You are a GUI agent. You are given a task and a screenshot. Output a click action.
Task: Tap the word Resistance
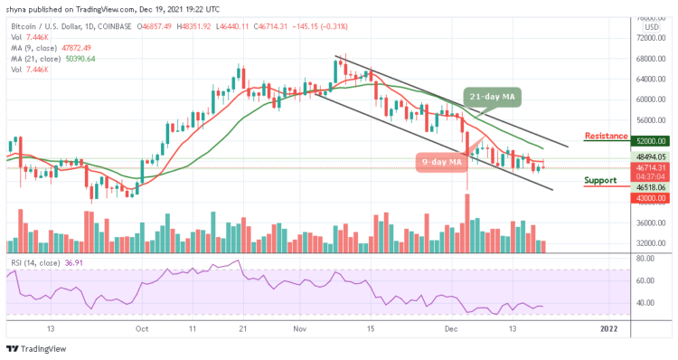tap(607, 137)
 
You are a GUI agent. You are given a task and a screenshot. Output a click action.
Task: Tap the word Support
tap(601, 180)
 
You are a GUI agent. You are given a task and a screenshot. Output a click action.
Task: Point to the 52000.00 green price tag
tap(651, 141)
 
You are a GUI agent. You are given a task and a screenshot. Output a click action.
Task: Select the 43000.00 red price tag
tap(651, 198)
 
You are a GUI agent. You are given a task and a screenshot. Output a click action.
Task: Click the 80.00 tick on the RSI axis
tap(645, 258)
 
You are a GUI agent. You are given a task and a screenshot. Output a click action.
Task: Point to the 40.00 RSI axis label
tap(645, 303)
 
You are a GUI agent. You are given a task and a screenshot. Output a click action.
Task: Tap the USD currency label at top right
tap(650, 26)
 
